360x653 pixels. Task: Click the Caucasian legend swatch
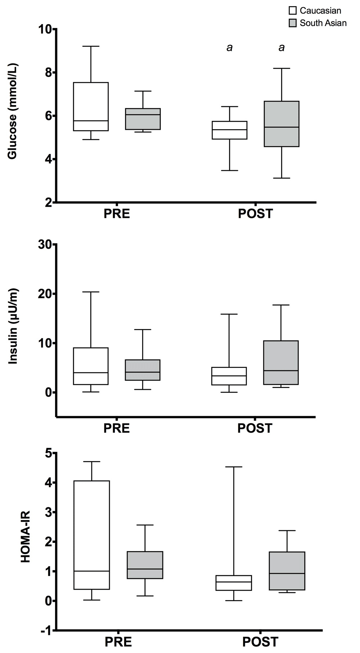(x=293, y=11)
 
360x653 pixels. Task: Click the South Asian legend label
(x=323, y=23)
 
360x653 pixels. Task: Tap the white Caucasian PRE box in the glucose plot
(x=91, y=107)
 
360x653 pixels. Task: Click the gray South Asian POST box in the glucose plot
(x=281, y=124)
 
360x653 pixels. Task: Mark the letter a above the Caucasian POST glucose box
(x=229, y=48)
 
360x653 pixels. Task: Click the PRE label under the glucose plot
(x=117, y=214)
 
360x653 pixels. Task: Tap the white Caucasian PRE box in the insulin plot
(x=91, y=366)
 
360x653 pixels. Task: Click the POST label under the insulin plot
(x=255, y=428)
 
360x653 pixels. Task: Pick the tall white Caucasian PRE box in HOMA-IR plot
(x=92, y=535)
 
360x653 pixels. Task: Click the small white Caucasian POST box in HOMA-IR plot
(x=234, y=583)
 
